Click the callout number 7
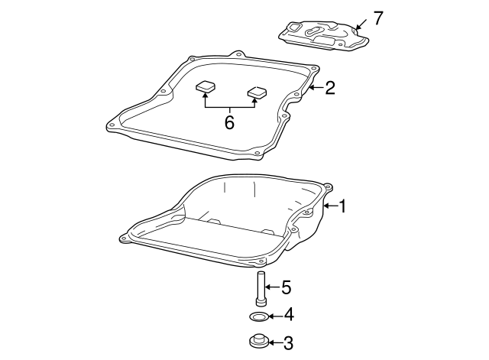pos(377,18)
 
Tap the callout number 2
pos(330,88)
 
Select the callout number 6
pos(229,122)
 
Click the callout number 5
pos(286,287)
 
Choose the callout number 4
pos(288,315)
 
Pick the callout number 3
pos(287,343)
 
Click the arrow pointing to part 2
pos(315,88)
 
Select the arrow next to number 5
pos(273,287)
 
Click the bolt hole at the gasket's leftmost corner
pos(112,125)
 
